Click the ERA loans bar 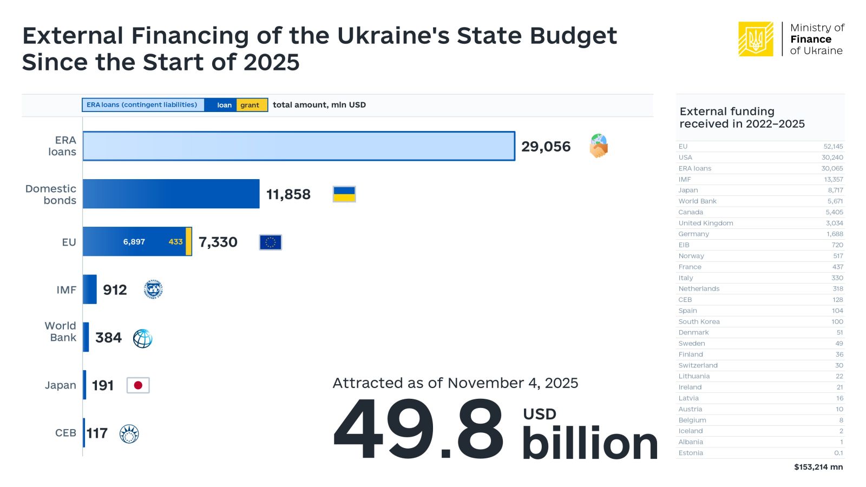(x=298, y=146)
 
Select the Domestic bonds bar (x=171, y=194)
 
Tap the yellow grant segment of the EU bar (x=188, y=241)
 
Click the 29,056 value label (x=546, y=147)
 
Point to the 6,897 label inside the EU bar (x=134, y=242)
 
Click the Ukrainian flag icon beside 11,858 (x=344, y=194)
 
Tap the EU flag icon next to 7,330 (x=271, y=242)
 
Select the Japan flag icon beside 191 (x=138, y=385)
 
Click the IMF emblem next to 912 (x=153, y=289)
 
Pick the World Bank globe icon (x=142, y=338)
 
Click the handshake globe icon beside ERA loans (x=599, y=146)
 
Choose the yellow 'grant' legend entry (x=251, y=105)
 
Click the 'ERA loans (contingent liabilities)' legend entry (x=142, y=105)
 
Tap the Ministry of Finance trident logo (x=756, y=39)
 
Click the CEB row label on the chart (x=65, y=433)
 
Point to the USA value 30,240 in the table (x=832, y=157)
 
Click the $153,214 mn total (x=818, y=467)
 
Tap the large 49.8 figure (x=418, y=430)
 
